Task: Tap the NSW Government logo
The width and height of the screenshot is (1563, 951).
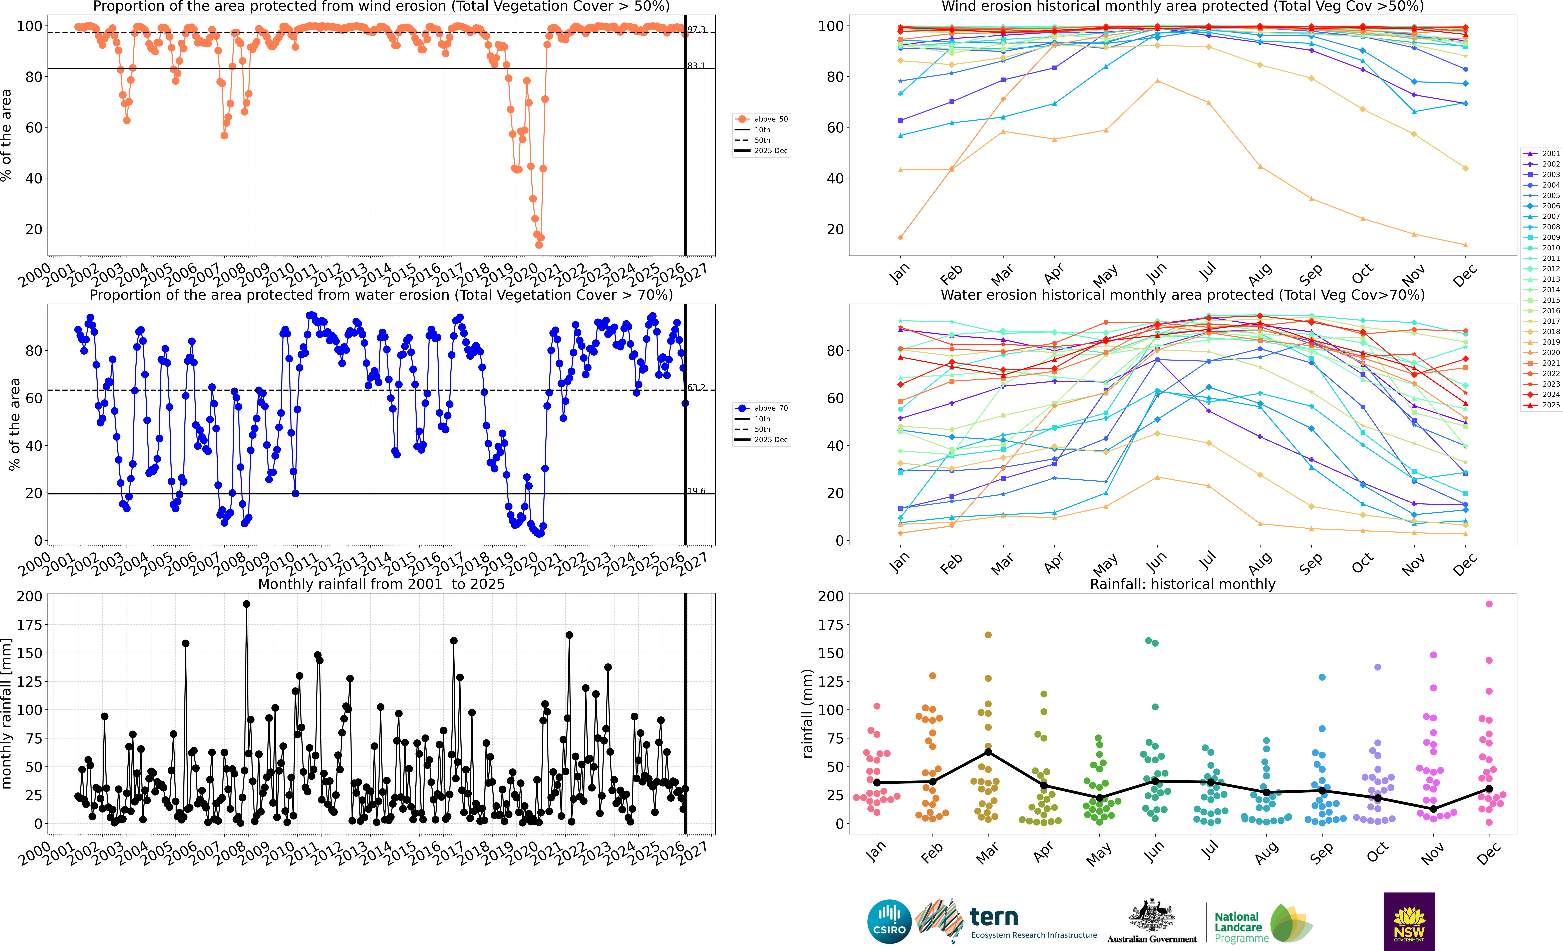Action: click(x=1409, y=921)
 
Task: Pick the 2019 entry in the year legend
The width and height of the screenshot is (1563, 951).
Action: click(x=1550, y=342)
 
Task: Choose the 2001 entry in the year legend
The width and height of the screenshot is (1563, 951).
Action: click(x=1550, y=153)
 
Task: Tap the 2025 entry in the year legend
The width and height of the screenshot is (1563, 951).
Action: click(x=1550, y=405)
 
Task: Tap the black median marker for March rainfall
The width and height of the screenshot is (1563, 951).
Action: click(x=988, y=752)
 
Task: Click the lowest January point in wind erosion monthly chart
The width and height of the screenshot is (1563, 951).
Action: click(x=900, y=238)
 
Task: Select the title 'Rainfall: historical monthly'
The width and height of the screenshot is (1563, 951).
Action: click(x=1182, y=584)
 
